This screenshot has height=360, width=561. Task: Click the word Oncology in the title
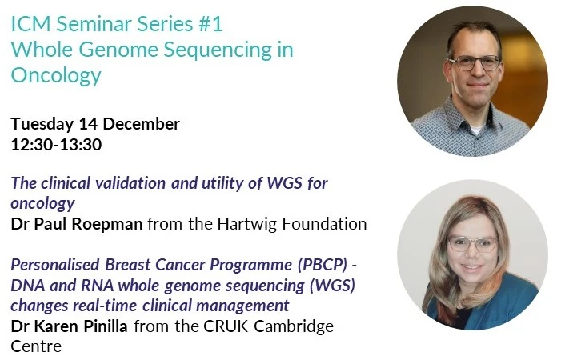[x=56, y=76]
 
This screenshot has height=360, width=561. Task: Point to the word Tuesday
[x=42, y=124]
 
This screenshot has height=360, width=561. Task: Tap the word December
[x=140, y=124]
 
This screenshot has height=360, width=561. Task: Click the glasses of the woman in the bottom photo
[x=471, y=243]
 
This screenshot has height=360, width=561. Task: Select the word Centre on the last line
[x=35, y=346]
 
